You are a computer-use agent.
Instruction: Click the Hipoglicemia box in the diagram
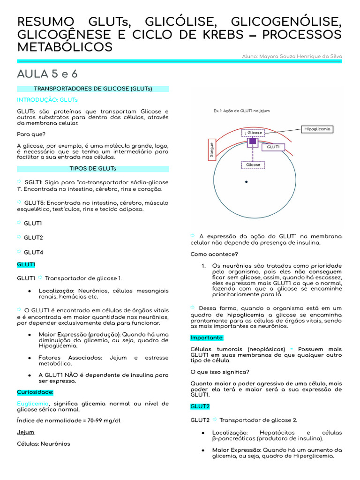(317, 129)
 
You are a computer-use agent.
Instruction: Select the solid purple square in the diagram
(253, 141)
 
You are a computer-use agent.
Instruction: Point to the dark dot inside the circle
(246, 182)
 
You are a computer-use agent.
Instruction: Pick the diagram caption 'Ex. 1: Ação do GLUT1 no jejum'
(241, 111)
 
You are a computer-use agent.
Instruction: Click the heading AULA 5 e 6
(47, 74)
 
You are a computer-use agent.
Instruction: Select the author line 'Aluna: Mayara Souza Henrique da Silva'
(292, 56)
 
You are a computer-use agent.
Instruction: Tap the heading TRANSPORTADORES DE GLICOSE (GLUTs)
(93, 89)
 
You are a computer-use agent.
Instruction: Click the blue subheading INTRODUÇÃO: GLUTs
(47, 100)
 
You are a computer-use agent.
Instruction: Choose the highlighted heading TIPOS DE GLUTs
(93, 169)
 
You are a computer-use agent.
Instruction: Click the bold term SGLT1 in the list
(34, 182)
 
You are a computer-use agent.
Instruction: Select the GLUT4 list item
(33, 252)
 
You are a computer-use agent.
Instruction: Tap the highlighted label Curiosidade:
(35, 392)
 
